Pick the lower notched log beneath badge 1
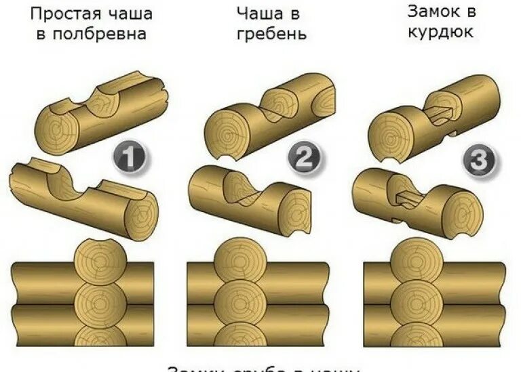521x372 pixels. point(81,197)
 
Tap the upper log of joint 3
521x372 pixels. point(434,115)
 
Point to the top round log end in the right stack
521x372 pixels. point(413,260)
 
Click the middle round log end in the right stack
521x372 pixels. point(413,298)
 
